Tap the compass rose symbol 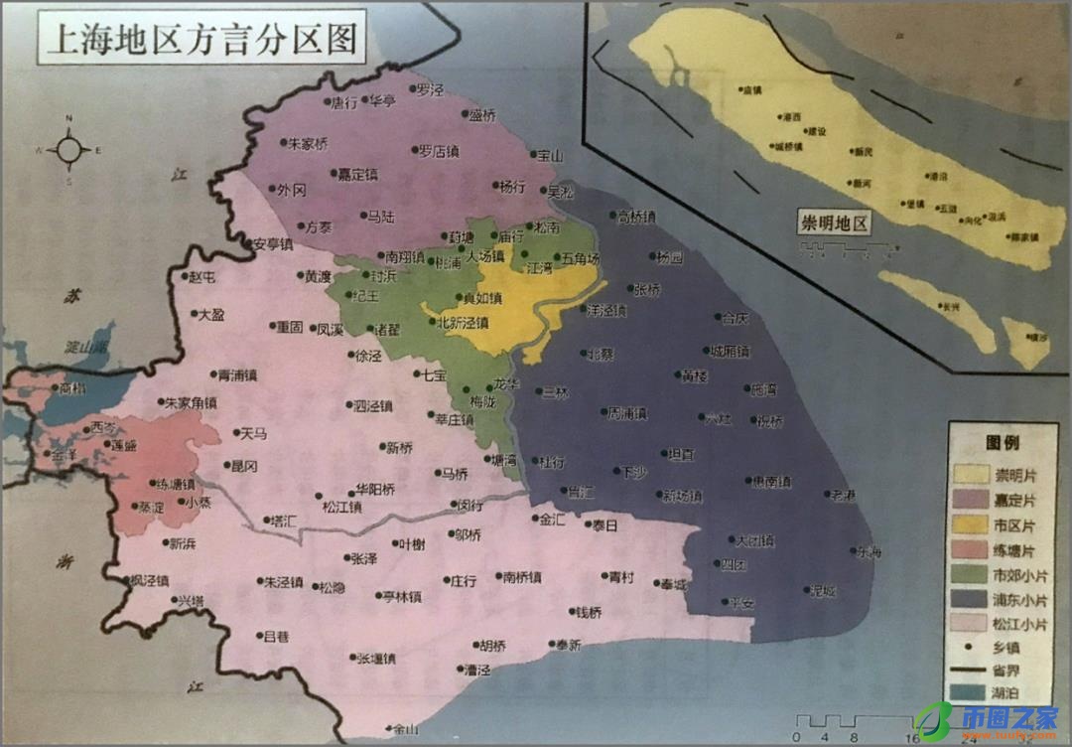coord(69,150)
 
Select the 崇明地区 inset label coord(835,223)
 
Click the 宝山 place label coord(548,156)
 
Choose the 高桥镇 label coord(636,217)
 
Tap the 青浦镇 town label coord(237,375)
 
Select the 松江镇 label coord(342,507)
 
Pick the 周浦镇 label coord(627,413)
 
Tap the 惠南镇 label coord(771,482)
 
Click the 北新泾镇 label coord(463,322)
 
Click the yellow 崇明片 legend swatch coord(972,474)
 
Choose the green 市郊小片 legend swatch coord(972,573)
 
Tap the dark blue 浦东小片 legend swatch coord(972,598)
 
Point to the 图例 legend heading coord(1002,442)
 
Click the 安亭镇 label coord(272,243)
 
